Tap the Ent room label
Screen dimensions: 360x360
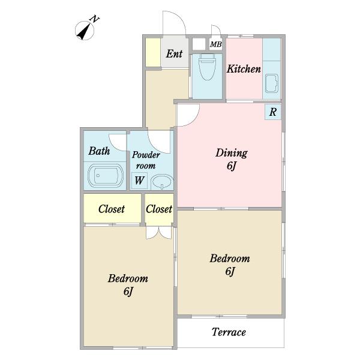[174, 54]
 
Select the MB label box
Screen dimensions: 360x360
[216, 44]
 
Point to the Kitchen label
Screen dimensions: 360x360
[244, 69]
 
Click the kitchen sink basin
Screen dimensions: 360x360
[272, 83]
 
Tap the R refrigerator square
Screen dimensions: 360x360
[273, 112]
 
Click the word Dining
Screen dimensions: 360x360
[232, 153]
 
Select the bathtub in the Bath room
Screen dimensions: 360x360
[106, 176]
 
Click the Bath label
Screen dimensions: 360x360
[99, 151]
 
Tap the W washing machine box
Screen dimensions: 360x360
[139, 180]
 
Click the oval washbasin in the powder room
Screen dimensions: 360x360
[162, 182]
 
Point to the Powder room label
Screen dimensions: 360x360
[146, 160]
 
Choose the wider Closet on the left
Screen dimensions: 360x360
[112, 208]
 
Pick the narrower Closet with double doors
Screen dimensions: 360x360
[159, 208]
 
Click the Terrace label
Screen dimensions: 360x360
[229, 332]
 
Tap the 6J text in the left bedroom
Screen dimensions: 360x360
[128, 292]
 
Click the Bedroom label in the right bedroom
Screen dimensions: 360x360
[230, 259]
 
